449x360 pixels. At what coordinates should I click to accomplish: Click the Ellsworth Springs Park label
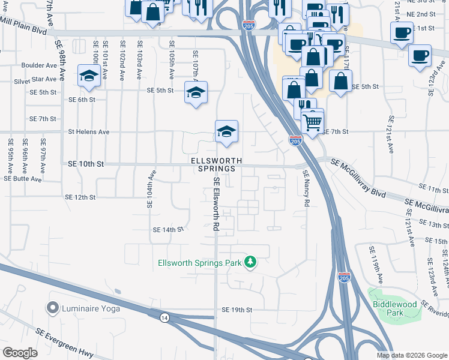(200, 263)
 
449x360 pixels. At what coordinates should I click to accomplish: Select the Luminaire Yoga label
(91, 308)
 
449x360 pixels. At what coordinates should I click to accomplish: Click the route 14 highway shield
(164, 316)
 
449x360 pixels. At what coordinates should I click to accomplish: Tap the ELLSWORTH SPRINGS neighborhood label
(217, 165)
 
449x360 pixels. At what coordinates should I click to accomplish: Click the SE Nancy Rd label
(306, 189)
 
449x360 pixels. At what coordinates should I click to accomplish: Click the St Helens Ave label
(89, 131)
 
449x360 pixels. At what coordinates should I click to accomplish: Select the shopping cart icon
(313, 122)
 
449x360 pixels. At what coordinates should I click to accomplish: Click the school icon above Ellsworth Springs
(226, 131)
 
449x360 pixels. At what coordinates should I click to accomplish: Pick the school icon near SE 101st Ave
(89, 78)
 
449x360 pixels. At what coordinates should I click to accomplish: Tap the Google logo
(20, 353)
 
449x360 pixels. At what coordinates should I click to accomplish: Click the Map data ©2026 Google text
(411, 355)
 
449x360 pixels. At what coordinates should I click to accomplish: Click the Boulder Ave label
(38, 65)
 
